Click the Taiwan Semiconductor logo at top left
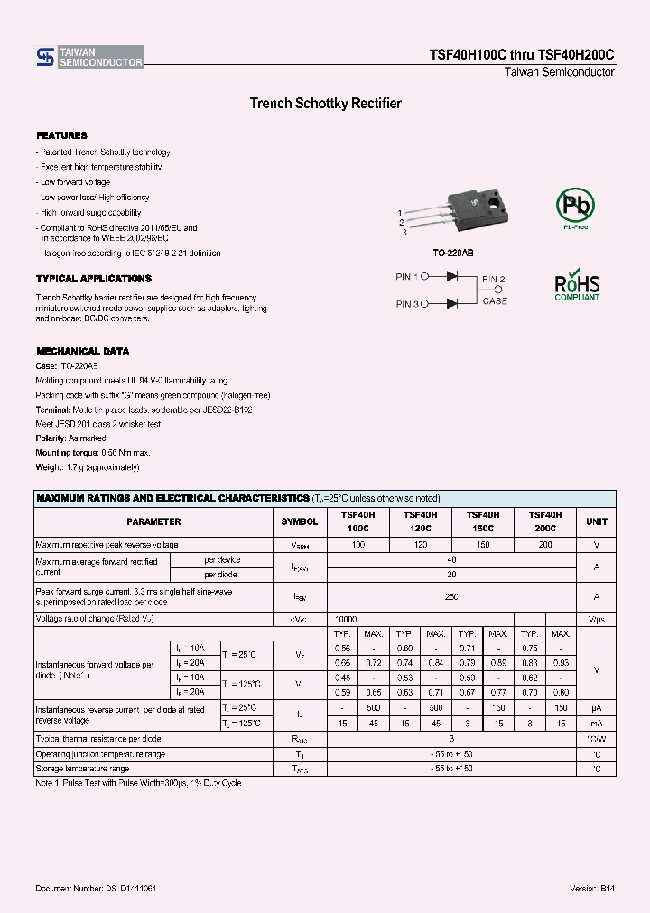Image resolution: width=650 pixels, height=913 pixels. tap(88, 58)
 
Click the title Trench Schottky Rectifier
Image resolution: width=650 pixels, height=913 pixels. tap(325, 104)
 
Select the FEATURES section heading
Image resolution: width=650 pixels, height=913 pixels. tap(61, 135)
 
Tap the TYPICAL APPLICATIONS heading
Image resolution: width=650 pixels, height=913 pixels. tap(94, 279)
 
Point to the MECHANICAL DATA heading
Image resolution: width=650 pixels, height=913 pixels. tap(82, 351)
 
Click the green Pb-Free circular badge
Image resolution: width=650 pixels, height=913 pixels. tap(575, 207)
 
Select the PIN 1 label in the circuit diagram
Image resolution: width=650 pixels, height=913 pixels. tap(407, 277)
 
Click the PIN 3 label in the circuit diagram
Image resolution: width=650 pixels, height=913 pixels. tap(407, 304)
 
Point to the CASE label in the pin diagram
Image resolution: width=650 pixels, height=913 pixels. tap(495, 300)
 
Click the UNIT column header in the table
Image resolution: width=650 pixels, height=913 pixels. tap(597, 521)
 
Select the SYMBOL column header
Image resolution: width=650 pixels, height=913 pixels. tap(300, 521)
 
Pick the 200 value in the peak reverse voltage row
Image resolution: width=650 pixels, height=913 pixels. tap(545, 545)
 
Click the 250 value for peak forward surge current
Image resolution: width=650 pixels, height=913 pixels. tap(451, 596)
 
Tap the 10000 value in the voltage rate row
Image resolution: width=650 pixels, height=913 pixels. tap(346, 620)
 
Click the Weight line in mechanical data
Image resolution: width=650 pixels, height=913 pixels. tap(88, 467)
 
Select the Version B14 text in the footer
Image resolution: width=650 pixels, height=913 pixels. tap(592, 889)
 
